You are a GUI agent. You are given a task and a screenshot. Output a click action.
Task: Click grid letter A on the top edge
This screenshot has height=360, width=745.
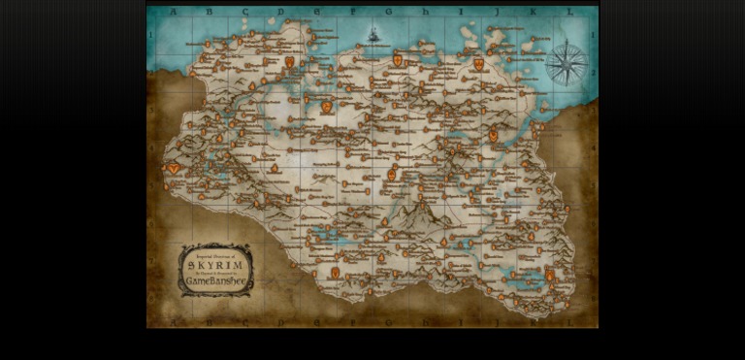(x=174, y=12)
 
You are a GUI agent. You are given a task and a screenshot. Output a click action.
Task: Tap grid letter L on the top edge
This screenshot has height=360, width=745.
(x=569, y=12)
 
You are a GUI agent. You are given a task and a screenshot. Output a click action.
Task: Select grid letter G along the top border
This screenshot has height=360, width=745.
(x=389, y=12)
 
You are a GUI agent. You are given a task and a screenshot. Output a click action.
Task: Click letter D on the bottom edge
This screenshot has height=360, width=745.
(x=280, y=321)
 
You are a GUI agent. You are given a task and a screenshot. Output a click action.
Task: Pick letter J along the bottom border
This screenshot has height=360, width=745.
(x=497, y=321)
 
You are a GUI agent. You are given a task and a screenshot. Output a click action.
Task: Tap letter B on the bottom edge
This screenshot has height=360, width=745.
(x=210, y=321)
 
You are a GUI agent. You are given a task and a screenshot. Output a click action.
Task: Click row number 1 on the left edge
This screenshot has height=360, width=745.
(x=152, y=36)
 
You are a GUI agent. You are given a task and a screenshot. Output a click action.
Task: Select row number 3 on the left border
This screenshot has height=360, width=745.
(x=152, y=111)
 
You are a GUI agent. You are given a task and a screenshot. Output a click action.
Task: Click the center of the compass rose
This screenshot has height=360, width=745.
(x=566, y=64)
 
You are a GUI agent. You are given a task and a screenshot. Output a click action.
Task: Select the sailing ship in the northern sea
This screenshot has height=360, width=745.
(x=373, y=36)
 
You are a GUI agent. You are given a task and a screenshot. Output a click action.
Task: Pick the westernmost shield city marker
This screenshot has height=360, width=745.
(x=174, y=168)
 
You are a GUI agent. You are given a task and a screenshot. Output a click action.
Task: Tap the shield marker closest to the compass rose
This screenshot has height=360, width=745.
(x=478, y=63)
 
